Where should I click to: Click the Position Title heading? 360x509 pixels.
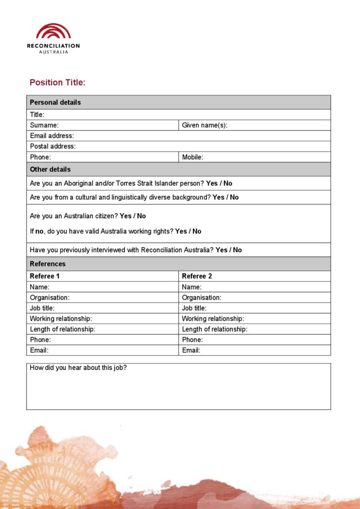pyautogui.click(x=57, y=83)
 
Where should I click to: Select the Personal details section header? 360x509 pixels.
pyautogui.click(x=55, y=102)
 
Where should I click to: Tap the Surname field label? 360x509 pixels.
pyautogui.click(x=44, y=125)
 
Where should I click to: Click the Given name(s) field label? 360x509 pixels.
pyautogui.click(x=204, y=125)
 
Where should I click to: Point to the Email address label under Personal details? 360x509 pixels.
pyautogui.click(x=52, y=136)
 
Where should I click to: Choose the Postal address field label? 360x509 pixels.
pyautogui.click(x=53, y=146)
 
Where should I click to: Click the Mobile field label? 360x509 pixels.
pyautogui.click(x=192, y=157)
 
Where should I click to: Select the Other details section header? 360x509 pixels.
pyautogui.click(x=50, y=170)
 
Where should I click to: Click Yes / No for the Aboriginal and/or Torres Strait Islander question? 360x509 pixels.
pyautogui.click(x=219, y=183)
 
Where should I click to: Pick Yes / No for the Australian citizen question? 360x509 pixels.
pyautogui.click(x=133, y=216)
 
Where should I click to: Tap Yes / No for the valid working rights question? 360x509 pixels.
pyautogui.click(x=188, y=231)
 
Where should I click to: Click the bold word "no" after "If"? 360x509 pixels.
pyautogui.click(x=40, y=231)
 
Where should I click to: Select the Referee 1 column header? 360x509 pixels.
pyautogui.click(x=45, y=276)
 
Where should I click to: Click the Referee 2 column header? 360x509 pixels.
pyautogui.click(x=197, y=276)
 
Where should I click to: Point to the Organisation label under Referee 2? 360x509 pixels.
pyautogui.click(x=201, y=298)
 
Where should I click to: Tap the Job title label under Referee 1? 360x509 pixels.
pyautogui.click(x=42, y=308)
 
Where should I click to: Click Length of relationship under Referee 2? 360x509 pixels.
pyautogui.click(x=214, y=329)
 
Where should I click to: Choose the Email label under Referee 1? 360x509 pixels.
pyautogui.click(x=39, y=350)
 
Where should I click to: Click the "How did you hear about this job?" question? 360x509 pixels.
pyautogui.click(x=78, y=368)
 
